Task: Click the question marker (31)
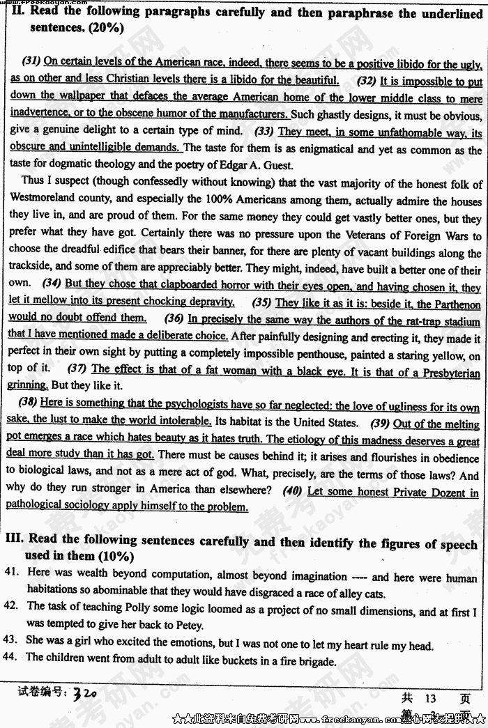[x=31, y=62]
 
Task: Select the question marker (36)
[x=174, y=319]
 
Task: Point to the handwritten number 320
[x=84, y=694]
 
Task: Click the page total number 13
[x=428, y=699]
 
